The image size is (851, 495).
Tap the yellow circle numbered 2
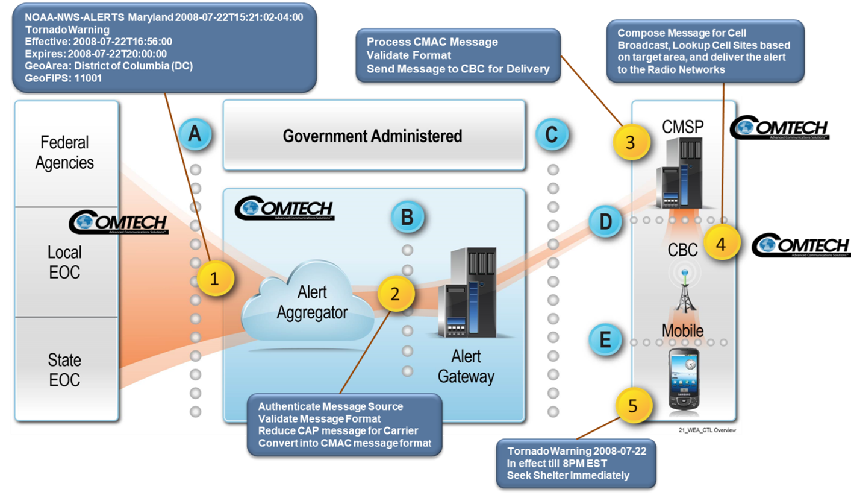396,294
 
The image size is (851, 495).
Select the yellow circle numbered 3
630,143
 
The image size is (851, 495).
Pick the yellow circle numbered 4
721,242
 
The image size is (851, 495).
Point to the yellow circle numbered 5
632,405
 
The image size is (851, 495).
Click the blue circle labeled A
195,134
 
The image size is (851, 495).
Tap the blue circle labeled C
552,134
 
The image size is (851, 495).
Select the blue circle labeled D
605,221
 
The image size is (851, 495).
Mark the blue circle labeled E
605,340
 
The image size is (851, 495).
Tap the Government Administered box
373,136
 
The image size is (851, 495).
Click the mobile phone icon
684,377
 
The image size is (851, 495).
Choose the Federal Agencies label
65,153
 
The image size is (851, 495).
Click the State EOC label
65,370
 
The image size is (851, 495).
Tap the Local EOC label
65,262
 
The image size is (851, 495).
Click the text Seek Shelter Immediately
568,476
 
